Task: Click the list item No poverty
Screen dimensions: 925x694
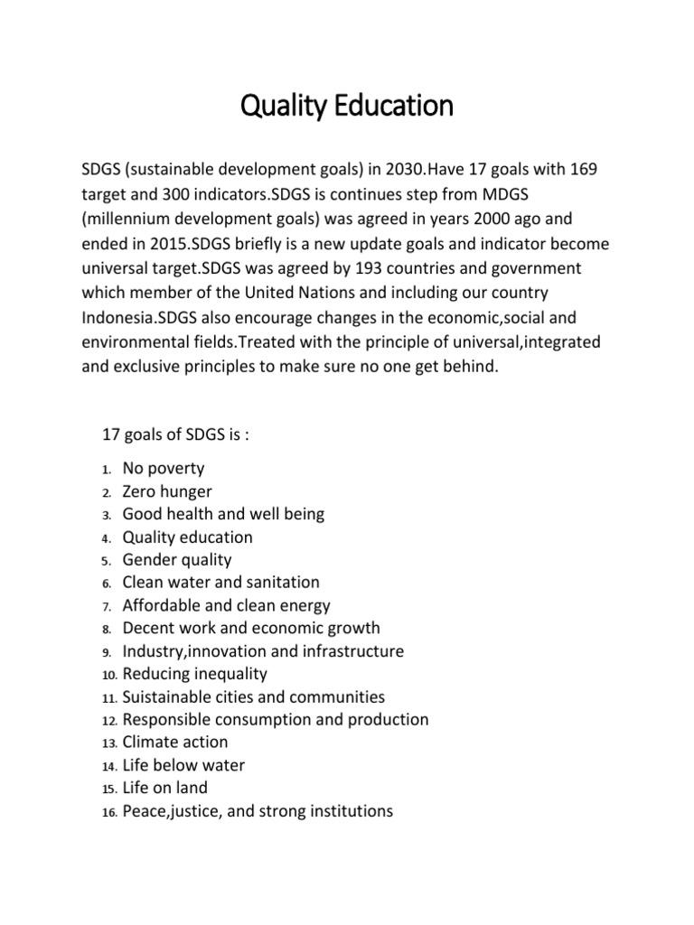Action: click(x=164, y=468)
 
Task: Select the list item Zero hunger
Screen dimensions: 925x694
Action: click(x=167, y=491)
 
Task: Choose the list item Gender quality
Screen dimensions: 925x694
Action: click(x=177, y=560)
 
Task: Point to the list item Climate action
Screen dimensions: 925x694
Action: click(x=175, y=742)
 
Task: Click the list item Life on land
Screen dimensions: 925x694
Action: click(x=164, y=788)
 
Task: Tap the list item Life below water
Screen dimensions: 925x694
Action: click(x=183, y=765)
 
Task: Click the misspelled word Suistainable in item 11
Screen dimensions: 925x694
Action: click(x=168, y=697)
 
